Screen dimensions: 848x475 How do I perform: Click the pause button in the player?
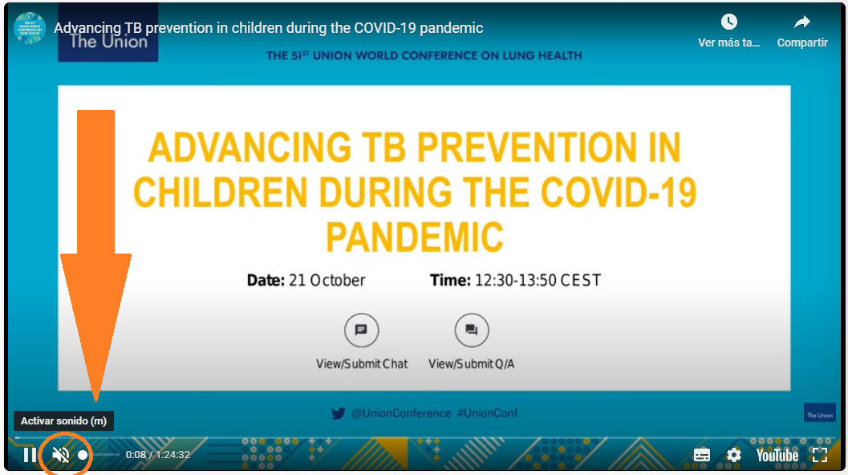click(30, 455)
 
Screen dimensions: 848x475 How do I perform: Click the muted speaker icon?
click(61, 455)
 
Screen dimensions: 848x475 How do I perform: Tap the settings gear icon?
click(733, 455)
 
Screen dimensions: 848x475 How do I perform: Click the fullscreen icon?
click(820, 455)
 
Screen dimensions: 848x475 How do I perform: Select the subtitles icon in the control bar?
click(701, 455)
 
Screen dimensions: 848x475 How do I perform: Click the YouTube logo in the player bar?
click(777, 456)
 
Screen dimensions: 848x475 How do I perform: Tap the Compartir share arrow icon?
click(802, 22)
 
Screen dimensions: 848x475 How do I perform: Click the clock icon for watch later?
click(729, 22)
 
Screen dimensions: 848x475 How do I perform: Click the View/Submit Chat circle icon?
click(361, 330)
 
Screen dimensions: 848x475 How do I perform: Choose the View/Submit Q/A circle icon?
click(472, 330)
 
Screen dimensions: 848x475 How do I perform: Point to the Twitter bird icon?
click(338, 414)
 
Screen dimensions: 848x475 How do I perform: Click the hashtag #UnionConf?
click(487, 413)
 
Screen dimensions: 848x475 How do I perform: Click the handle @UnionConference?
click(401, 413)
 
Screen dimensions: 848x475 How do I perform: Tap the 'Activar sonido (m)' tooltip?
click(64, 421)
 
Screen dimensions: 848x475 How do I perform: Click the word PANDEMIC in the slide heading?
click(415, 237)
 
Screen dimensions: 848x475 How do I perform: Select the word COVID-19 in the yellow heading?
click(619, 192)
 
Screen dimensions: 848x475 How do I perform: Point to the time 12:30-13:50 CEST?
click(538, 280)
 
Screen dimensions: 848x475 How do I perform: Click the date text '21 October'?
click(327, 280)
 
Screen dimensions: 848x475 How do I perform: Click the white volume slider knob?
click(82, 455)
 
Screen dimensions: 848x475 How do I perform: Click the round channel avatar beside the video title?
click(29, 28)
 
